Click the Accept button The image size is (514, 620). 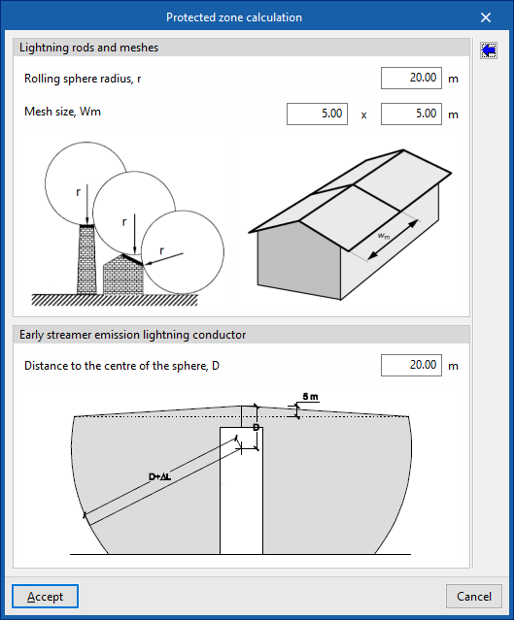(x=45, y=596)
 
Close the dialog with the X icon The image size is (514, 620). (x=486, y=17)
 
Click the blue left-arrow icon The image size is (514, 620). (x=489, y=50)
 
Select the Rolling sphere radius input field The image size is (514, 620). (x=411, y=78)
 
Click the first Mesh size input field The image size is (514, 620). (x=317, y=114)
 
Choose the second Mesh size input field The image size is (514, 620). (x=411, y=114)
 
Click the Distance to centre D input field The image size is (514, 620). (x=411, y=365)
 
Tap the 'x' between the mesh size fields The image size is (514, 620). (x=363, y=115)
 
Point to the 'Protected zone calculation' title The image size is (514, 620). (x=234, y=17)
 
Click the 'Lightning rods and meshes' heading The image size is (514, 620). (x=88, y=48)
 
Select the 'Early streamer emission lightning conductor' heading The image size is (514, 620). (x=133, y=335)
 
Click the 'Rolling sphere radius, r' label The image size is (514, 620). (x=83, y=79)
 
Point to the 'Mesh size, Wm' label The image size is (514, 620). (x=62, y=112)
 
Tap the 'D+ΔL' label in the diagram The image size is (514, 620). (x=159, y=476)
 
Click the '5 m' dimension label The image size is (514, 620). (x=311, y=397)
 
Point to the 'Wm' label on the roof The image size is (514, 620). (x=384, y=236)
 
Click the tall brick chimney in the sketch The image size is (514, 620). (x=87, y=259)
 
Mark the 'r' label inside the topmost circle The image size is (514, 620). (x=78, y=192)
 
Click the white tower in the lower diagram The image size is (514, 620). (x=242, y=490)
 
